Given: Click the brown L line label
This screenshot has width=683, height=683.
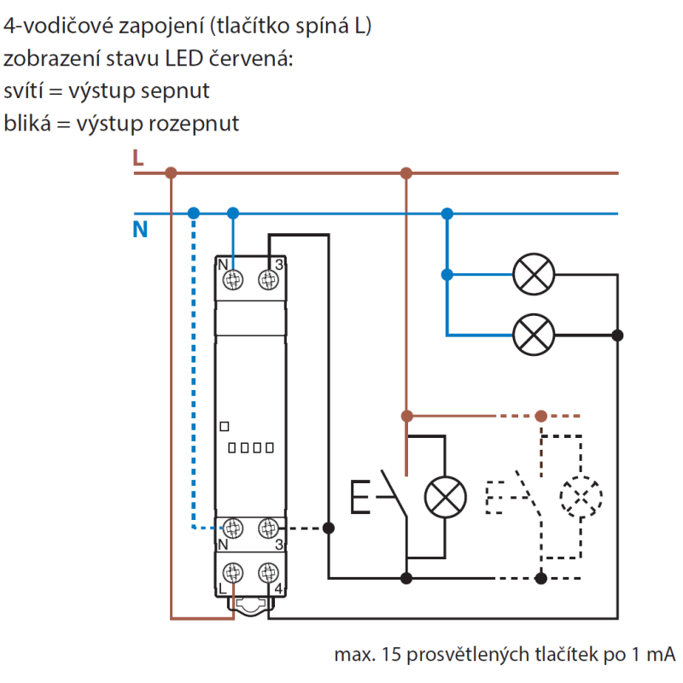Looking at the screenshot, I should point(138,157).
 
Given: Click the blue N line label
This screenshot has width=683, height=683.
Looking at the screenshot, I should point(140,229).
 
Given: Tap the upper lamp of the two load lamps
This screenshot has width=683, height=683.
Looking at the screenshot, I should point(534,275).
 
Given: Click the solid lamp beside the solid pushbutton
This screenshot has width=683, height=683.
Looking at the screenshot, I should point(446,495).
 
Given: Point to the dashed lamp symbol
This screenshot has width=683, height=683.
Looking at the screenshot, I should point(581,495).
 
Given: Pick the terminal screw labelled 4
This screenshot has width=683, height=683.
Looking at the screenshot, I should point(269,573).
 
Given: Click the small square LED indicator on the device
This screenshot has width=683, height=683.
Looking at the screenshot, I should point(225,426).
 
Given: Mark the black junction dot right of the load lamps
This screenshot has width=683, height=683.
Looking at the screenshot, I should point(617,336).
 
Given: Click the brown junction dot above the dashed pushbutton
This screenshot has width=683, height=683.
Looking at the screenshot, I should point(540,417).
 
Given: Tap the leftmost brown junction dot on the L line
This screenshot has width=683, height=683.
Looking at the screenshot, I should point(171,173).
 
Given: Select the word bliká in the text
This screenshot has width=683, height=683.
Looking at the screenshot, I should point(23,123).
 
